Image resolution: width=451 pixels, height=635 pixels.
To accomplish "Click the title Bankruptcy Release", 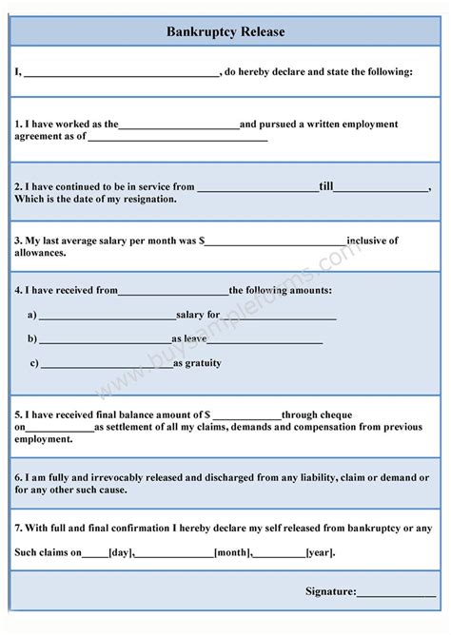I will coord(225,31).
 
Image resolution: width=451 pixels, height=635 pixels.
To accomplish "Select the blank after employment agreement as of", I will coord(177,137).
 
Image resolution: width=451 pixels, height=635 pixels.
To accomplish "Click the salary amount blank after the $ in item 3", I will coord(276,241).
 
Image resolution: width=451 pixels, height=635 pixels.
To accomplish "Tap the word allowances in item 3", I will coord(41,253).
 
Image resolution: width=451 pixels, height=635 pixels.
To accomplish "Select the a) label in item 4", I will coord(32,315).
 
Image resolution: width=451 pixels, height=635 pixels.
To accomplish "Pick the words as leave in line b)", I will coord(190,338).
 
